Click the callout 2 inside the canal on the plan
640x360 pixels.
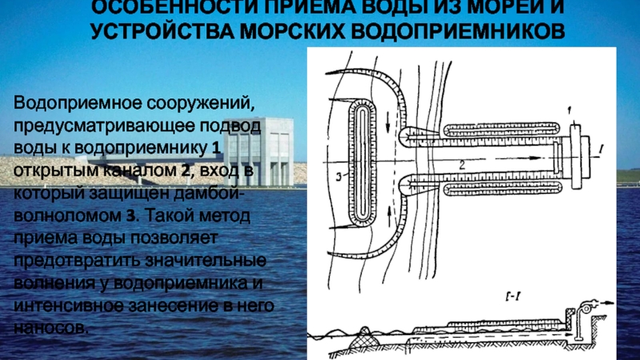[x=462, y=163]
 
